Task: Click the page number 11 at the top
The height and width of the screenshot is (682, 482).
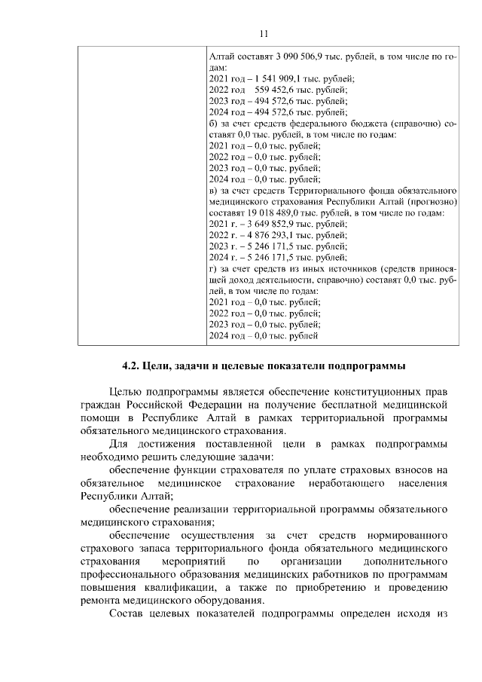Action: pos(263,33)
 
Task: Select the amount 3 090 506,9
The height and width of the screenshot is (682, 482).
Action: pos(287,57)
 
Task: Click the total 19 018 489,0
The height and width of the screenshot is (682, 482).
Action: pos(276,213)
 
